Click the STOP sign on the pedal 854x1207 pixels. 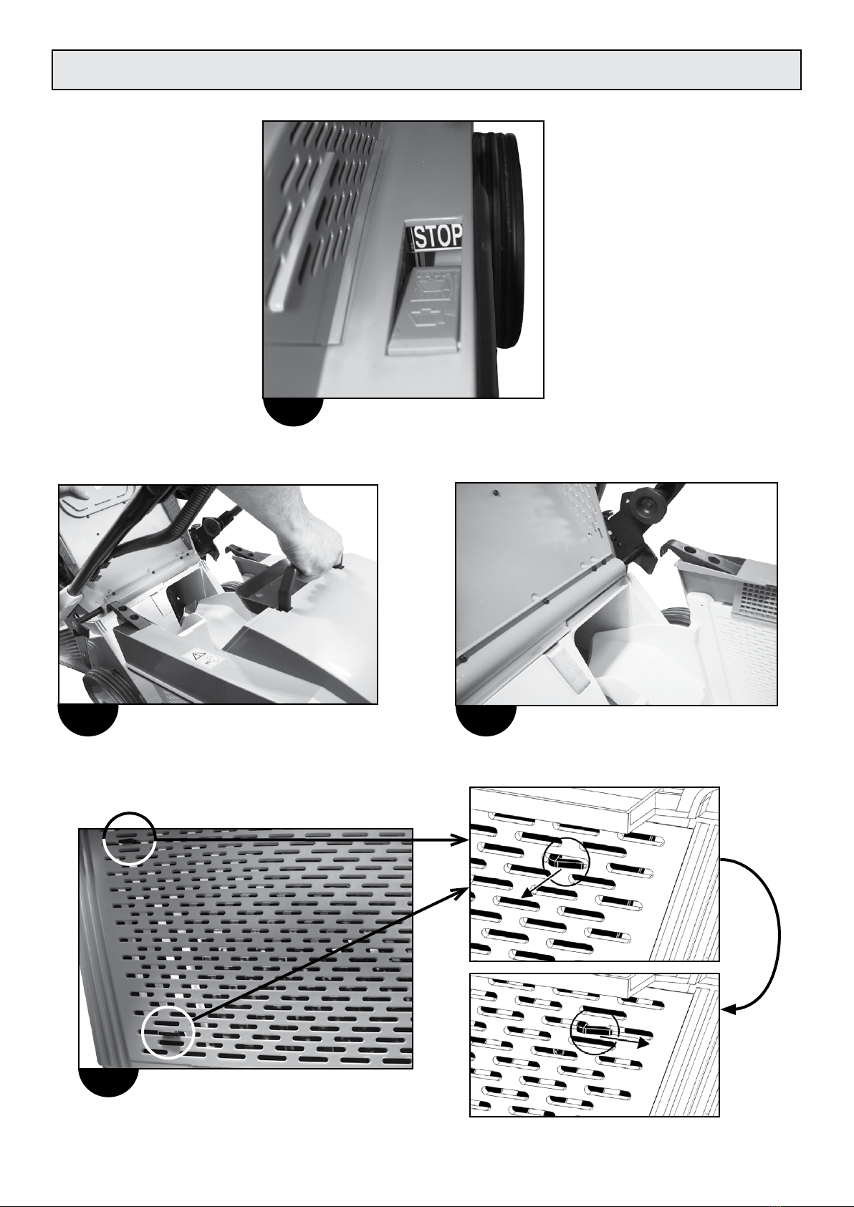tap(438, 236)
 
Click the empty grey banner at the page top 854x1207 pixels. tap(426, 70)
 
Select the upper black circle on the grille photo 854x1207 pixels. tap(129, 838)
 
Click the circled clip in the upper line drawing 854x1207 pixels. tap(565, 863)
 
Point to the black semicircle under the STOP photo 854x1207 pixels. tap(293, 412)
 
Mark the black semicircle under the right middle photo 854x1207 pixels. tap(486, 720)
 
